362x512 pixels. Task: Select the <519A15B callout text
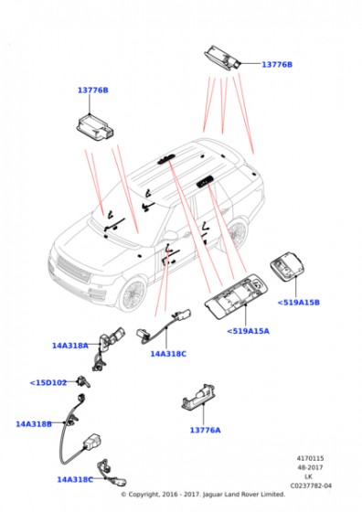pyautogui.click(x=273, y=302)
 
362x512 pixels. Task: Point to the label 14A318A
pyautogui.click(x=70, y=346)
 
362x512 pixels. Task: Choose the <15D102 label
pyautogui.click(x=48, y=382)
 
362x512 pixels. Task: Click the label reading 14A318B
pyautogui.click(x=34, y=424)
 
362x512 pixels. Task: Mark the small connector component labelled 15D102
pyautogui.click(x=84, y=381)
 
